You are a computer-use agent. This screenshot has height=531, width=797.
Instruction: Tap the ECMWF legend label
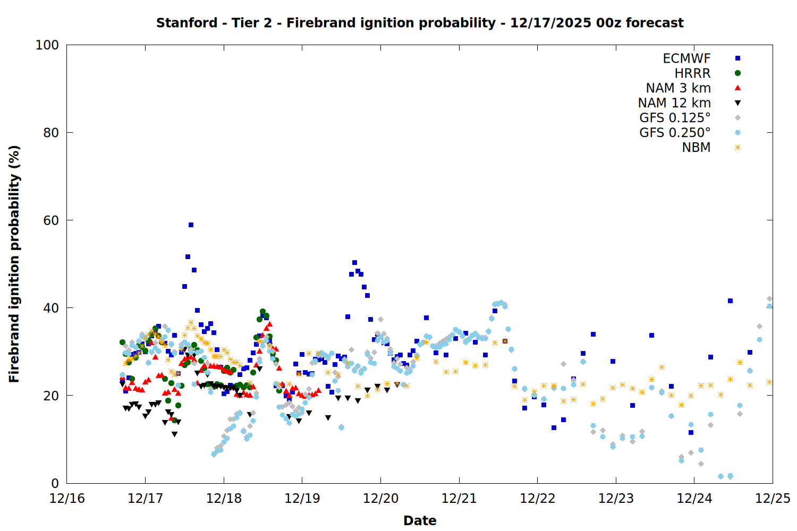pos(686,58)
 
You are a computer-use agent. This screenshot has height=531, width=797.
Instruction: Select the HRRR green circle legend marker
pos(737,73)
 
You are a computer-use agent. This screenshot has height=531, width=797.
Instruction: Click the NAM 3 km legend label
pos(678,88)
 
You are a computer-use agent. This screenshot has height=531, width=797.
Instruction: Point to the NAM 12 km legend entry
pos(674,103)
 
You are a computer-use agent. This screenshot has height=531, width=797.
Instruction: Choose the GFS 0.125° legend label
pos(675,118)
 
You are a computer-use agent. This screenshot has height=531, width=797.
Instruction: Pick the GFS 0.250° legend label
pos(675,133)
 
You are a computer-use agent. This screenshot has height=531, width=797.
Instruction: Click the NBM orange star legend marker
pos(737,148)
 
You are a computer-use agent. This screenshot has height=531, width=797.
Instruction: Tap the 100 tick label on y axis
pos(47,45)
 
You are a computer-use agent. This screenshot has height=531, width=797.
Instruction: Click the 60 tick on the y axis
pos(51,220)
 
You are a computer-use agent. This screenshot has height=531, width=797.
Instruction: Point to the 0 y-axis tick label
pos(55,483)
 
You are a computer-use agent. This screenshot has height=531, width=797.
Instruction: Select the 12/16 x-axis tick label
pos(67,499)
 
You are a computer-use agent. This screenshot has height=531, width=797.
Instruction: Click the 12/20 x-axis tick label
pos(380,499)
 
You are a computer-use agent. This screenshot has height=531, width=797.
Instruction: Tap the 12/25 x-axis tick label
pos(773,499)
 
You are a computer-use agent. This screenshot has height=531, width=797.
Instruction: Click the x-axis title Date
pos(420,520)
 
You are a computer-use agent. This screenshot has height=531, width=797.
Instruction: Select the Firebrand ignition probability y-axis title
pos(14,264)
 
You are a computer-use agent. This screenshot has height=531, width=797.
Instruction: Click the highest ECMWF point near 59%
pos(191,225)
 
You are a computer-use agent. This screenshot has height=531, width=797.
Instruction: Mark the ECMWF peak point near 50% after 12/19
pos(354,262)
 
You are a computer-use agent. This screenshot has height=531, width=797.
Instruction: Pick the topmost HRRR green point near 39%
pos(262,312)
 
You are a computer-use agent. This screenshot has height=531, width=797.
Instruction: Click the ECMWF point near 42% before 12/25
pos(730,301)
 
